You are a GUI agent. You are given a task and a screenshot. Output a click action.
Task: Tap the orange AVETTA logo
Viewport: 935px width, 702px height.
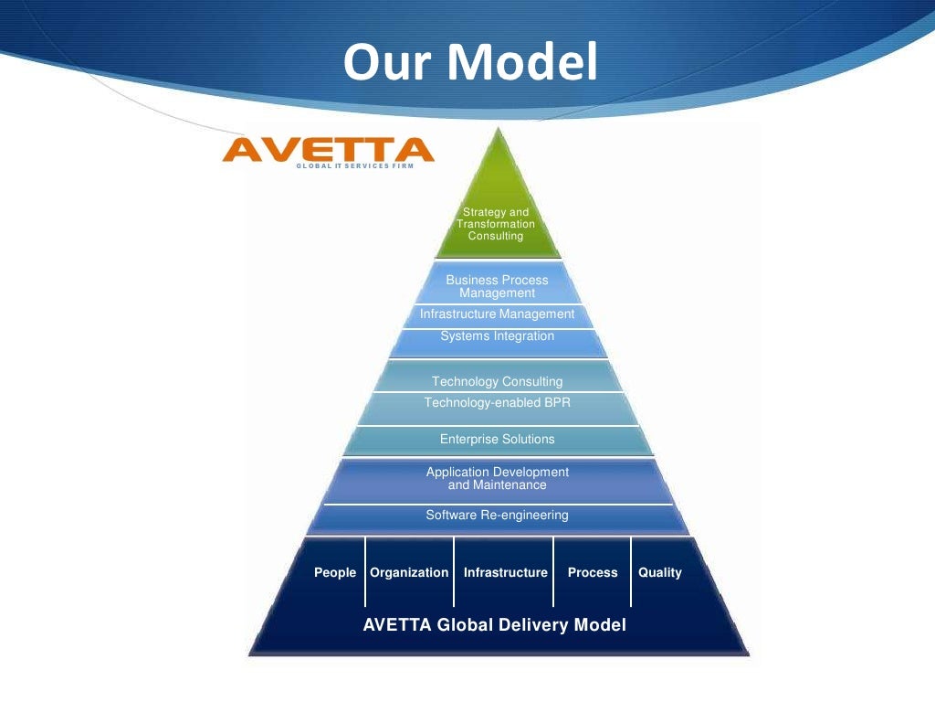(328, 149)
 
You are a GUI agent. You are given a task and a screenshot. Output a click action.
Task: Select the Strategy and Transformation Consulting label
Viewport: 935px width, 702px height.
(496, 224)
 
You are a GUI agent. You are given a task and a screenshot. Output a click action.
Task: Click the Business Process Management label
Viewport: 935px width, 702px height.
(497, 286)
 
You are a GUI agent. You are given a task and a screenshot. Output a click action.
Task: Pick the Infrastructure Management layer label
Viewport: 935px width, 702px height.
(497, 314)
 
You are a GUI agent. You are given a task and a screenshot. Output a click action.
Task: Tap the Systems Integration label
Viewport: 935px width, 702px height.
(497, 336)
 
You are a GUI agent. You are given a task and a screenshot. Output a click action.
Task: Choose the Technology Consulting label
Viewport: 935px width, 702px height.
(497, 381)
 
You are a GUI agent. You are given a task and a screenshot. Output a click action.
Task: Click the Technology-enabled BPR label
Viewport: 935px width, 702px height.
(497, 403)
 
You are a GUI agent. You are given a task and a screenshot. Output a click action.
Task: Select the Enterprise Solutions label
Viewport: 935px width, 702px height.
(497, 440)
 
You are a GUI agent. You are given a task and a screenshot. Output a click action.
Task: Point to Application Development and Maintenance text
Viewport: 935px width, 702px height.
(497, 478)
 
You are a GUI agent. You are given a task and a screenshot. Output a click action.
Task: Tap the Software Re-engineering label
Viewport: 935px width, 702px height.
(497, 516)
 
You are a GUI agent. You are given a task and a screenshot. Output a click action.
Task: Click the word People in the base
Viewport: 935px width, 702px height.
(335, 573)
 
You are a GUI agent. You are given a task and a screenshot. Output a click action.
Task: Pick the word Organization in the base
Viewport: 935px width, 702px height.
(409, 573)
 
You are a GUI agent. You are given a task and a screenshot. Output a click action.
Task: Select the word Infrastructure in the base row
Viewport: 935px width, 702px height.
(505, 573)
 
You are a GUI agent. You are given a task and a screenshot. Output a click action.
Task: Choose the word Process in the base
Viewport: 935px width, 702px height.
(593, 573)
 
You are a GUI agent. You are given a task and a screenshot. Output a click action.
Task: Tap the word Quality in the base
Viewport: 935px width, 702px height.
(660, 573)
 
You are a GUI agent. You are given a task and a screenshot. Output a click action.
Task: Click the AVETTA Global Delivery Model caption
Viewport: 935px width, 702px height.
(495, 626)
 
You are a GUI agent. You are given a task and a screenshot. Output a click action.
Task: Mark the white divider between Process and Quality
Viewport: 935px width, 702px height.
(631, 572)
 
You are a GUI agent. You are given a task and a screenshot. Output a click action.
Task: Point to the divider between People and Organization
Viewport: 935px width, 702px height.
(364, 572)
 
